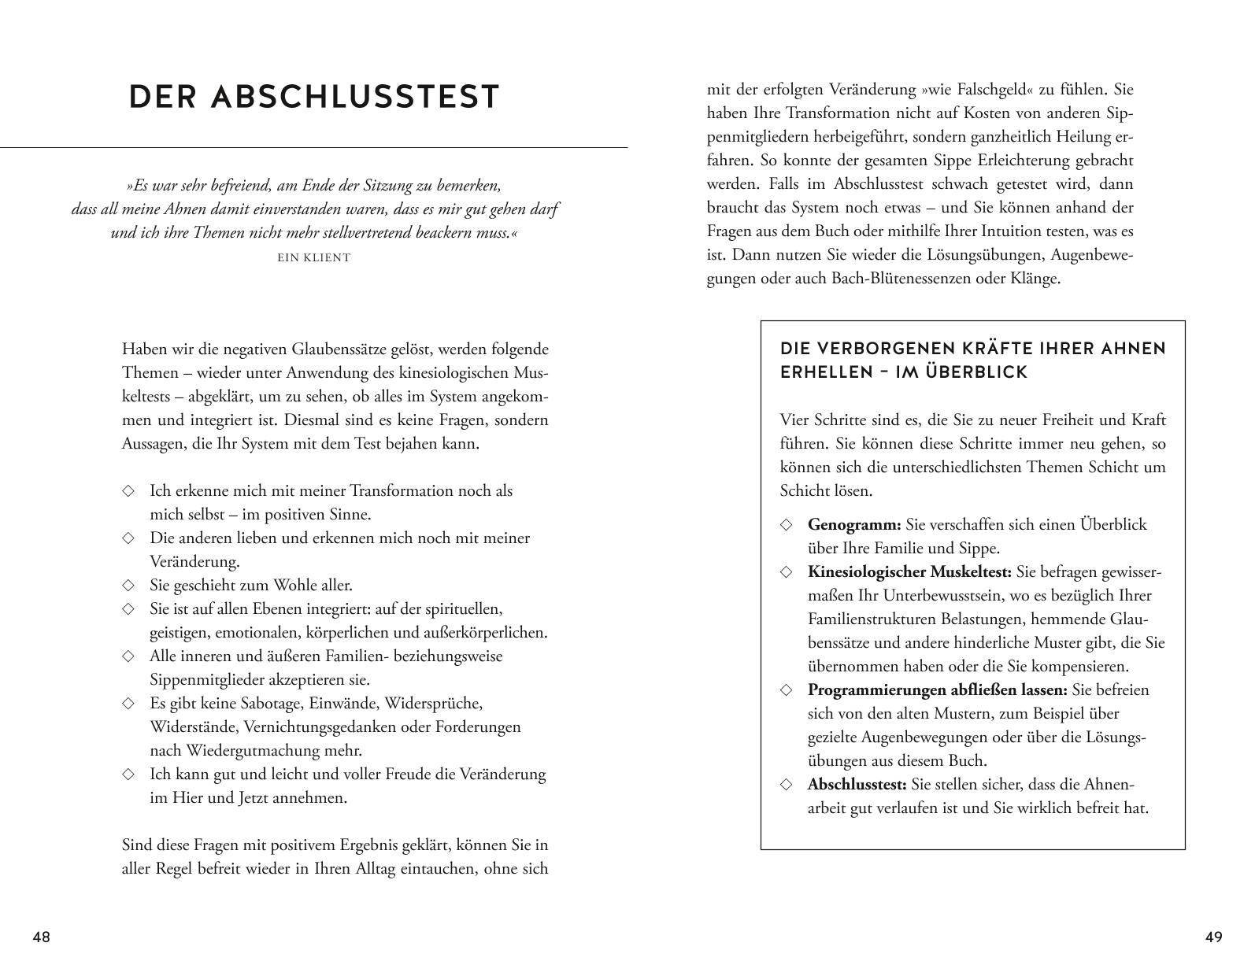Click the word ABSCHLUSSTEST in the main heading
[x=356, y=98]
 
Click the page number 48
[x=41, y=937]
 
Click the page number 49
[x=1213, y=937]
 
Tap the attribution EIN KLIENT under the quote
[x=314, y=257]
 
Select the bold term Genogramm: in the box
[x=854, y=525]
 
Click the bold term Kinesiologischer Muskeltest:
[x=909, y=572]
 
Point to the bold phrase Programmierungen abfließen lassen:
[x=937, y=690]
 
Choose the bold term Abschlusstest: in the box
[x=857, y=785]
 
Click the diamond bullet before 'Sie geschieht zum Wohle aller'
[x=128, y=586]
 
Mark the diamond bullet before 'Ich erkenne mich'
[x=128, y=491]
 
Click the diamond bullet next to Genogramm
[x=786, y=525]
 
